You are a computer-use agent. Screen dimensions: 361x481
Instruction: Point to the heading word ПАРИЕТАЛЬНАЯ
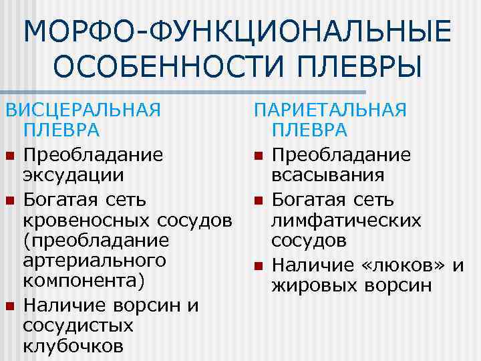331,110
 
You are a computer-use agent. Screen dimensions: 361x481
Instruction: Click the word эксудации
73,176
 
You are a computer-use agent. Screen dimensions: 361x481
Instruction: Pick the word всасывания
327,176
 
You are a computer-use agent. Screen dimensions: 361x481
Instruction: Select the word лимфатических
346,220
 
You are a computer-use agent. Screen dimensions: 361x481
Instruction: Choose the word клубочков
73,346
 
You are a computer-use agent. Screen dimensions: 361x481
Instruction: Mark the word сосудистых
77,326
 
